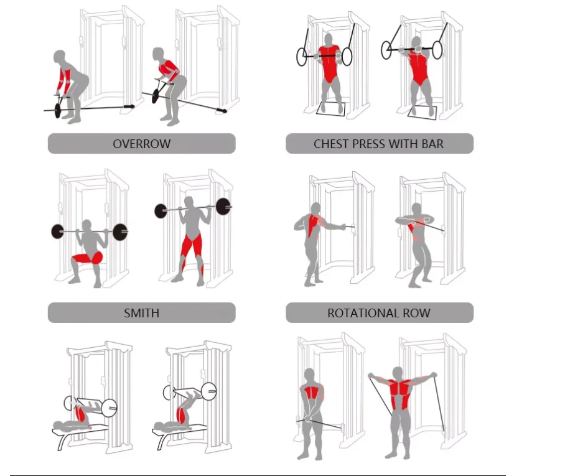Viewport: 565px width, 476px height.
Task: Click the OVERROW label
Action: (141, 144)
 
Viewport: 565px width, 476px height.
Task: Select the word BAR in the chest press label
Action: (432, 144)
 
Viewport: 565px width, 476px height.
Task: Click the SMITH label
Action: (141, 313)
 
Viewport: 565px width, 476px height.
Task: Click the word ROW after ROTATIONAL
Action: (418, 313)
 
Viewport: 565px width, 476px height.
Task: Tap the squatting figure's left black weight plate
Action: (58, 231)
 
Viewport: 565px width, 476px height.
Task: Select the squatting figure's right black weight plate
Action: (121, 231)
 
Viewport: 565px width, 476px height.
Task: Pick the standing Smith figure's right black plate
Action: (223, 207)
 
